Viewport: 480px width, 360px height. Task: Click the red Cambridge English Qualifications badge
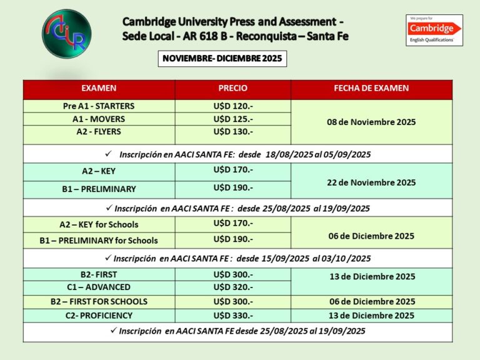pyautogui.click(x=434, y=31)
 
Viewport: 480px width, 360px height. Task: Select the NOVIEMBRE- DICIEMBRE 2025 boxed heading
pyautogui.click(x=222, y=59)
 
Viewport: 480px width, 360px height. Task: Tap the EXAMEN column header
pyautogui.click(x=99, y=88)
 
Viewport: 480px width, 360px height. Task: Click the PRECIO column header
pyautogui.click(x=232, y=88)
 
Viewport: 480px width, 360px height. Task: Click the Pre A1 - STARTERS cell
pyautogui.click(x=99, y=106)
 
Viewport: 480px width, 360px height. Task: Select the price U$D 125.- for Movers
pyautogui.click(x=233, y=119)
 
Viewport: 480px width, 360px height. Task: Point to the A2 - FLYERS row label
pyautogui.click(x=99, y=132)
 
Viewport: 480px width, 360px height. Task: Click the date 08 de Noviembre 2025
pyautogui.click(x=371, y=122)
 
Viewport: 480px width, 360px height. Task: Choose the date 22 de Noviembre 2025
pyautogui.click(x=371, y=182)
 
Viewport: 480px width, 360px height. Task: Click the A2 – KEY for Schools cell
pyautogui.click(x=99, y=224)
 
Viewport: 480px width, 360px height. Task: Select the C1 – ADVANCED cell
pyautogui.click(x=99, y=287)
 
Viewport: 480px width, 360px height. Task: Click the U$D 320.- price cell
pyautogui.click(x=233, y=287)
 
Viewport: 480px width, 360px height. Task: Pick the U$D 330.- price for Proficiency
pyautogui.click(x=233, y=316)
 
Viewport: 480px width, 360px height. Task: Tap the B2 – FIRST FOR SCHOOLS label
pyautogui.click(x=99, y=302)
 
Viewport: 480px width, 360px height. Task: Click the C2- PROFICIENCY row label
pyautogui.click(x=99, y=316)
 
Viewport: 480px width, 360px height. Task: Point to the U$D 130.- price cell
pyautogui.click(x=233, y=132)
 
